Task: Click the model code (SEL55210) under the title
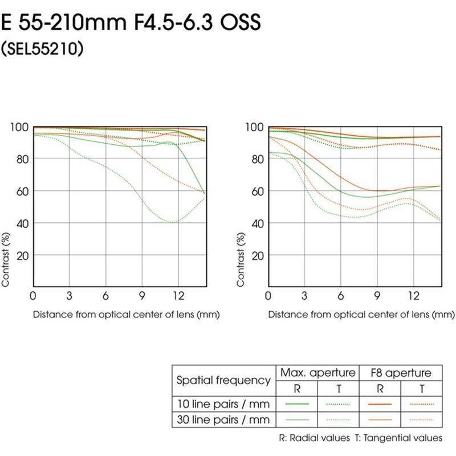point(43,49)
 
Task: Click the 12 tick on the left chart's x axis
point(178,296)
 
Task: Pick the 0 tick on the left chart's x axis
point(33,296)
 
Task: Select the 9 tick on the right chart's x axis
point(377,296)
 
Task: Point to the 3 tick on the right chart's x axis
point(304,296)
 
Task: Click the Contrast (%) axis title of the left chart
point(6,258)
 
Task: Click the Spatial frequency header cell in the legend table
point(223,380)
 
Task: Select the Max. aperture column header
point(316,373)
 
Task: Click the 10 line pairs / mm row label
point(223,404)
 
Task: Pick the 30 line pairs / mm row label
point(223,420)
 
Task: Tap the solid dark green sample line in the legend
point(296,404)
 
